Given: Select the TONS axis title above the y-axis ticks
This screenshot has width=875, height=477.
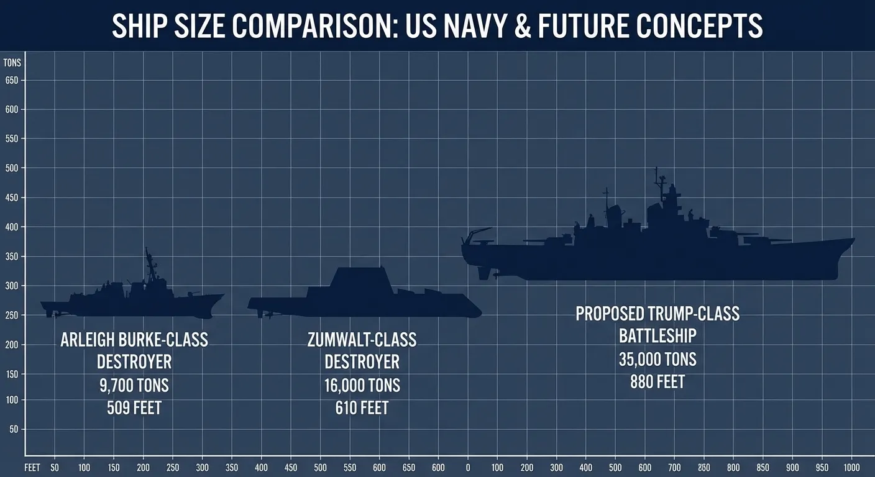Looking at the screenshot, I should point(12,63).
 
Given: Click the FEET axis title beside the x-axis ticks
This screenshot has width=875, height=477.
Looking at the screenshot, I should point(32,467).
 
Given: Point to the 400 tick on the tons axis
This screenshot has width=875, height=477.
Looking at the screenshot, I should point(11,227).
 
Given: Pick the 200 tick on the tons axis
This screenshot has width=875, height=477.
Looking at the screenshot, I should point(11,345).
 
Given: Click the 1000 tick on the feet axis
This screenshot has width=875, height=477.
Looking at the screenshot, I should point(851,467).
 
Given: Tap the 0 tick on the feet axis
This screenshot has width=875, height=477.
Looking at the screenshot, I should point(468,467).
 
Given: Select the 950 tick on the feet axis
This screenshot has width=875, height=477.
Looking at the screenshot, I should point(822,467).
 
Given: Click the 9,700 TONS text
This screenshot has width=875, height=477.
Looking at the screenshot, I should point(134,385).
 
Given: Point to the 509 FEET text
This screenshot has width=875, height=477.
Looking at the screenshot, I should point(134,408).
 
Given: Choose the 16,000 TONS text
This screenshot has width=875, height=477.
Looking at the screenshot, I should point(362,385).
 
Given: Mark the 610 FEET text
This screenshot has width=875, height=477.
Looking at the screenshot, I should point(362,408).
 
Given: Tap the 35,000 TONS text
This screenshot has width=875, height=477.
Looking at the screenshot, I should point(657,359).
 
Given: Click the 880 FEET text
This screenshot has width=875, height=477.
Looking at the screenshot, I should point(657,381).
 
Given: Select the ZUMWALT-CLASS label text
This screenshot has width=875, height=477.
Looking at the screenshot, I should point(362,340).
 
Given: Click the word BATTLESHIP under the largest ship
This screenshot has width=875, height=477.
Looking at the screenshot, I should point(657,336).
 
